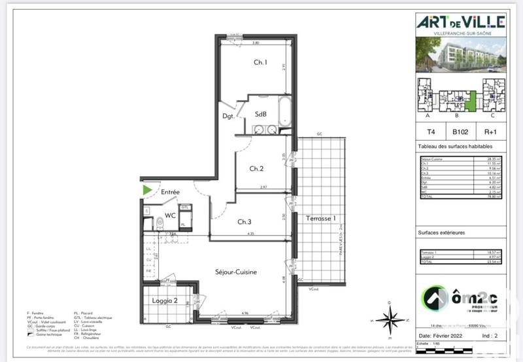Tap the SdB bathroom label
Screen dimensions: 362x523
click(x=260, y=113)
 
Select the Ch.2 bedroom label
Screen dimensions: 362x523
click(x=256, y=168)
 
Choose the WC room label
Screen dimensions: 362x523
click(x=170, y=215)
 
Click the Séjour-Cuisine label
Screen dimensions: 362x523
click(x=236, y=272)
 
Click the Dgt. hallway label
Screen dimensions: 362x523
click(x=229, y=117)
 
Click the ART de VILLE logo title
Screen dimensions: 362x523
click(x=461, y=22)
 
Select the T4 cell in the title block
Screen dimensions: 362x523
click(x=431, y=130)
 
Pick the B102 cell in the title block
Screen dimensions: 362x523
click(x=461, y=130)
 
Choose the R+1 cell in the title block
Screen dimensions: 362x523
click(x=491, y=130)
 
